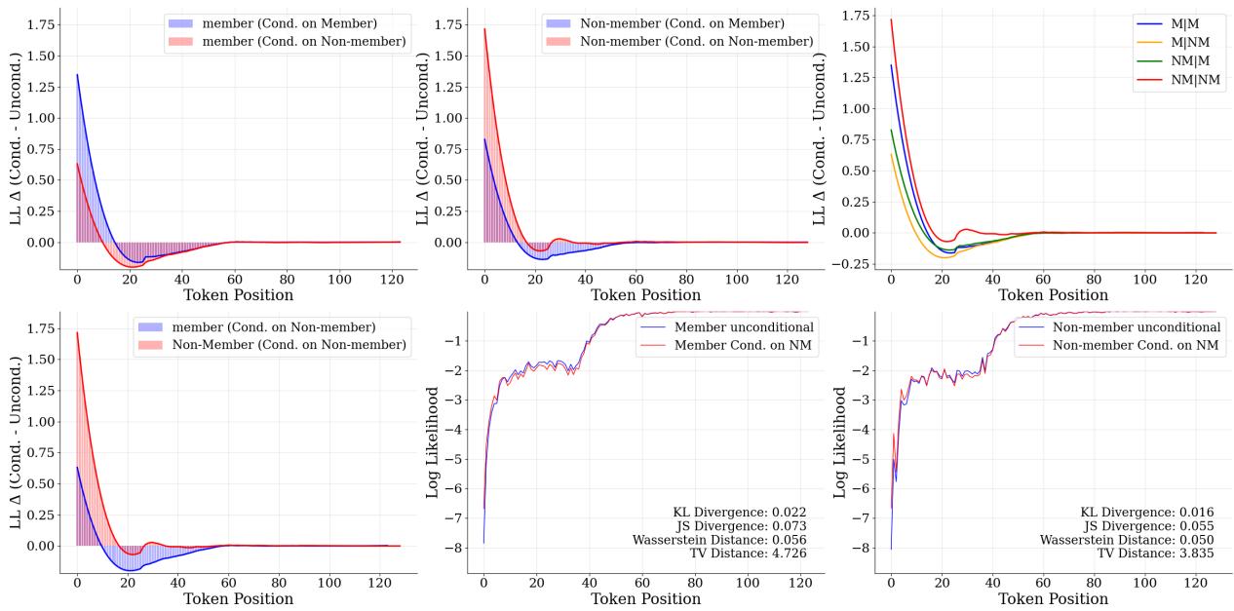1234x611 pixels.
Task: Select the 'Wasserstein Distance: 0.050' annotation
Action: point(1127,539)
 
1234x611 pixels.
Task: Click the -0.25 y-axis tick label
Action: point(857,263)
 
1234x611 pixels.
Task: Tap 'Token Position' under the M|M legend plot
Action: point(1051,295)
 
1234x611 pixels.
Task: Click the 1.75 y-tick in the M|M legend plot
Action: point(860,16)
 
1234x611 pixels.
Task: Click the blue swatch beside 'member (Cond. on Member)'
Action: point(182,22)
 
